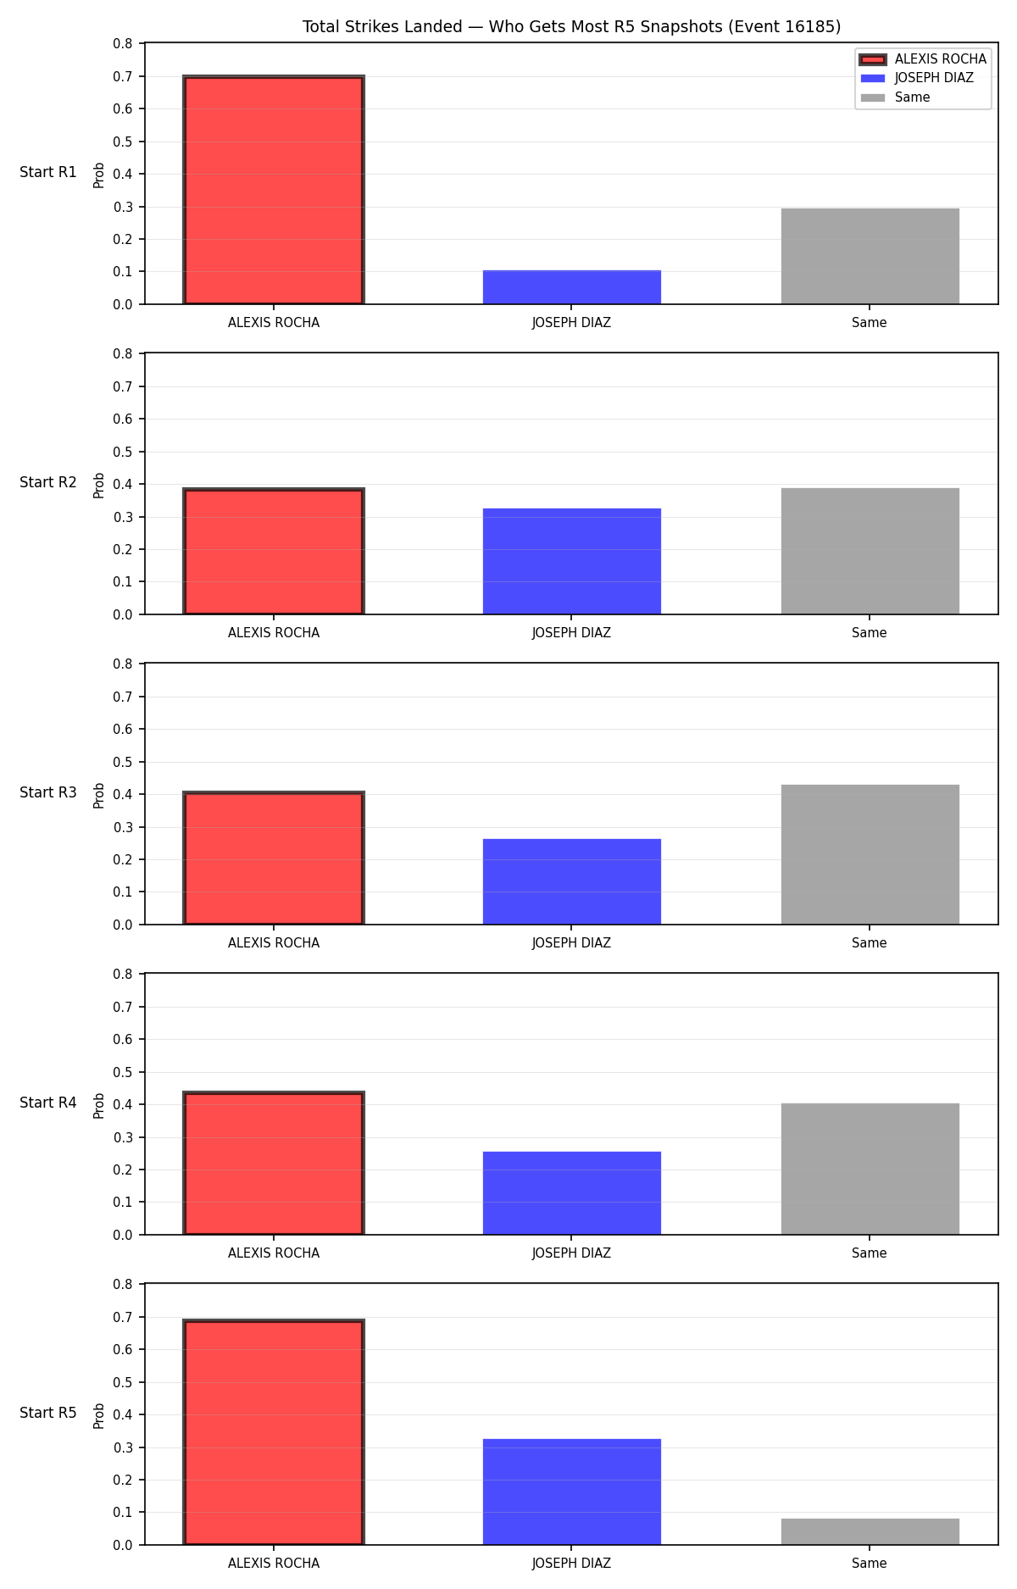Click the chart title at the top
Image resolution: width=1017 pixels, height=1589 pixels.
click(x=571, y=27)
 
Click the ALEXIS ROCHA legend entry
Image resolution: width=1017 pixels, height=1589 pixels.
click(x=922, y=59)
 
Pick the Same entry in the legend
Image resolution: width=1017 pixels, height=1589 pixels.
click(x=895, y=97)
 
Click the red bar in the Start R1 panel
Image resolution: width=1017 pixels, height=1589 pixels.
click(x=274, y=190)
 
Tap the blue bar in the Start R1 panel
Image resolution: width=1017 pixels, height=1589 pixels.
click(x=572, y=287)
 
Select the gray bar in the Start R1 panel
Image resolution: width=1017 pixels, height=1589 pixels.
click(x=870, y=256)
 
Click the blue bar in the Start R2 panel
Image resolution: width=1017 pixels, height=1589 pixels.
click(x=572, y=561)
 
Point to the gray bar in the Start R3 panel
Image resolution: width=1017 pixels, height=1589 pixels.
click(x=870, y=854)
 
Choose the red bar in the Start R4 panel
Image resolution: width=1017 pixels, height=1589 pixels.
click(x=274, y=1164)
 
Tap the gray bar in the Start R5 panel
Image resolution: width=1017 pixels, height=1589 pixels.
click(x=870, y=1531)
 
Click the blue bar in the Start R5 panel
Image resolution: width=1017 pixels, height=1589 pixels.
click(x=572, y=1492)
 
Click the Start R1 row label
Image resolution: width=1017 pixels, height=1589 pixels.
click(x=48, y=173)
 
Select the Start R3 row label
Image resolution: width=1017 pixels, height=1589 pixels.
click(x=48, y=793)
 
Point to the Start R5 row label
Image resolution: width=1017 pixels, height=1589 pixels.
click(x=48, y=1414)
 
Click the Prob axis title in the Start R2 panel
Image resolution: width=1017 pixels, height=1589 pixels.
click(x=99, y=485)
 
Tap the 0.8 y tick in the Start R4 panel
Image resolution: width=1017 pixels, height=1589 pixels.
click(x=124, y=975)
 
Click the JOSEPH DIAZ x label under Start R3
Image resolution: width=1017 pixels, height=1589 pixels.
click(x=571, y=943)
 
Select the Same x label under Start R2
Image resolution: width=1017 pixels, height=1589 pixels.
click(x=870, y=633)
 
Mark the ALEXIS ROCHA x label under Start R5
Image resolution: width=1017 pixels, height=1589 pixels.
click(x=274, y=1564)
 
